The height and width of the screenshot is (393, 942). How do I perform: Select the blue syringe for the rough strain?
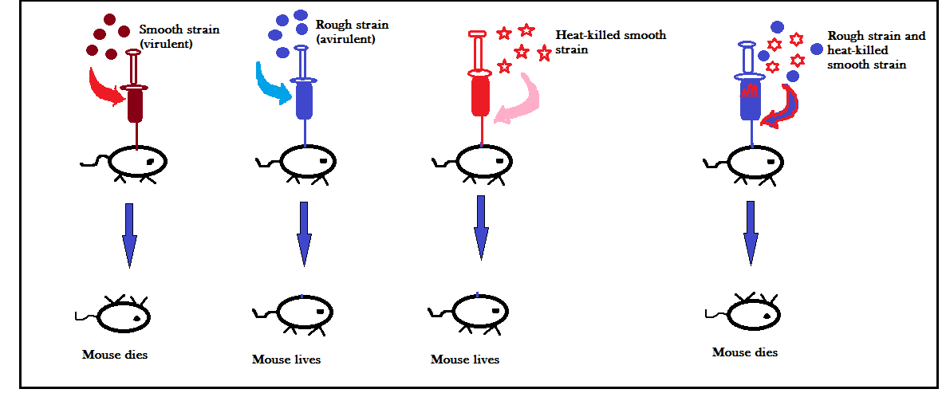click(x=304, y=96)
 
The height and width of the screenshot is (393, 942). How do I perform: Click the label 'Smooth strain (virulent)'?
click(x=179, y=37)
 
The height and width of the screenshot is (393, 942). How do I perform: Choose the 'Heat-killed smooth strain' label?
click(x=610, y=42)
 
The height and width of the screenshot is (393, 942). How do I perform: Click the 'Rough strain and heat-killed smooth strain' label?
click(x=876, y=50)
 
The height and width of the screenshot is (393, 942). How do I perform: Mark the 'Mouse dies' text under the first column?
click(x=115, y=354)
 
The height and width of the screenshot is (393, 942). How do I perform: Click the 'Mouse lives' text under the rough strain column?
click(x=286, y=360)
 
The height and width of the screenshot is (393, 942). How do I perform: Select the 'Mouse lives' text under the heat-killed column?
click(x=465, y=360)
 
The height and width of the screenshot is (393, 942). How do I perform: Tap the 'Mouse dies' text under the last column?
click(x=745, y=352)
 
